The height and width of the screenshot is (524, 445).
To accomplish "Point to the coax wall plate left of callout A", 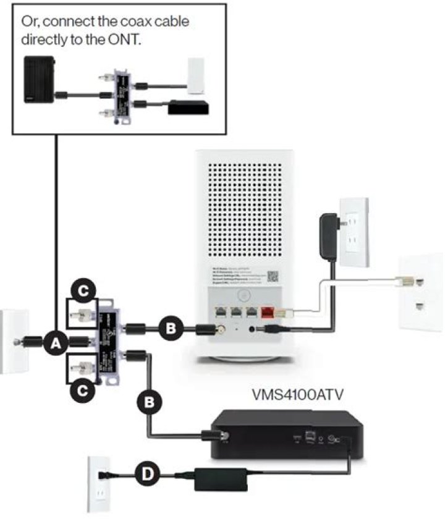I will pos(11,342).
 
